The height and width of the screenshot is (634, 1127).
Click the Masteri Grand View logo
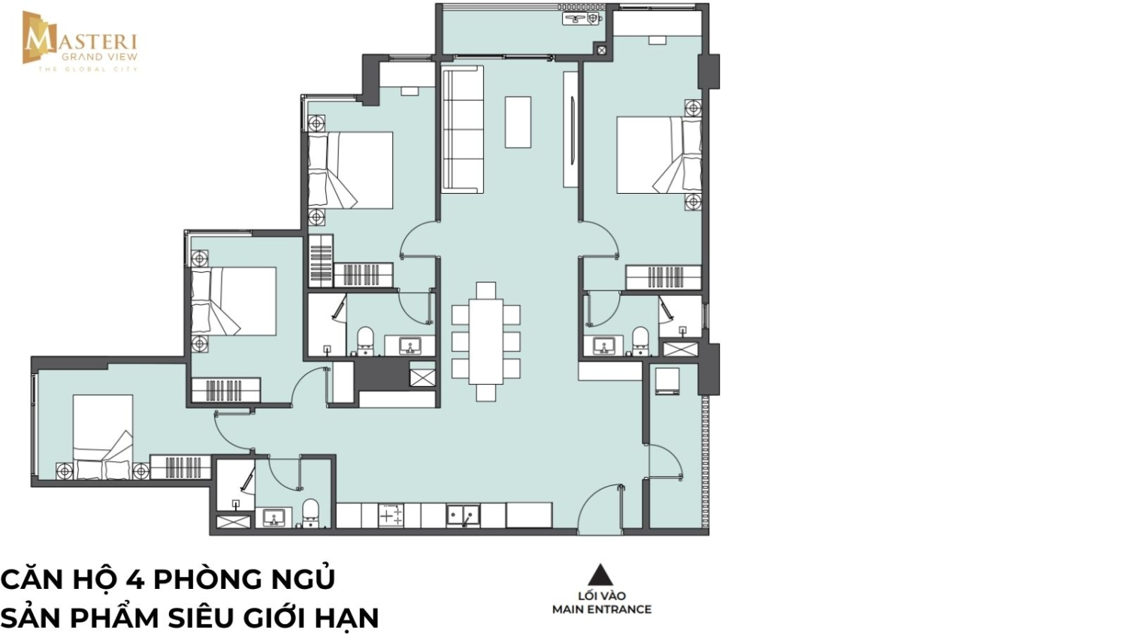tap(80, 41)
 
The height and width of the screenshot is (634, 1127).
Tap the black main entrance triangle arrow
tap(601, 575)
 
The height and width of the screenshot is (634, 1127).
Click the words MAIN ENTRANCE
tap(602, 609)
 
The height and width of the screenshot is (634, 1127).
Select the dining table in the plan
tap(485, 342)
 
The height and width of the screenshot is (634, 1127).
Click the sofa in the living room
tap(462, 129)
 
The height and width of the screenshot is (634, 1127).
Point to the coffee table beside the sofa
tap(518, 122)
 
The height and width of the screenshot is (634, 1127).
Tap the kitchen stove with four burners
tap(391, 515)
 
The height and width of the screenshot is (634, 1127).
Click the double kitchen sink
tap(463, 516)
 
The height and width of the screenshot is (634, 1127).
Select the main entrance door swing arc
tap(592, 498)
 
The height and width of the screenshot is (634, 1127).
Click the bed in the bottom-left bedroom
tap(103, 436)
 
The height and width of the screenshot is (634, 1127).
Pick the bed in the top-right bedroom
tap(659, 155)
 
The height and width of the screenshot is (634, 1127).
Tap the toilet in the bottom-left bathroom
tap(310, 513)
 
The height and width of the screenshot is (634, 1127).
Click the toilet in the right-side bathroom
tap(640, 341)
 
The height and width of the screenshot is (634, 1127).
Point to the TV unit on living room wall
tap(570, 129)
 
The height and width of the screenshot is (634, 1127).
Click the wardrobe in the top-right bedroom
tap(663, 277)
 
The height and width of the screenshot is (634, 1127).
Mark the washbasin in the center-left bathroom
tap(409, 346)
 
